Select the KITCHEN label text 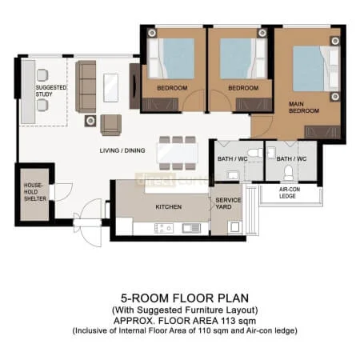point(167,206)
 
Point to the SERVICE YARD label point(227,204)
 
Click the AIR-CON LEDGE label point(290,194)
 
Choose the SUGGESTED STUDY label point(50,90)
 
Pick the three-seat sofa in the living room point(86,86)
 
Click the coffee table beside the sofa point(111,86)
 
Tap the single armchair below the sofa point(110,124)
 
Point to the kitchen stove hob point(163,228)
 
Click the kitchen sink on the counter point(192,228)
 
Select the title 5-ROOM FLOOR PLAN point(179,294)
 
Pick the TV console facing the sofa point(134,86)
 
